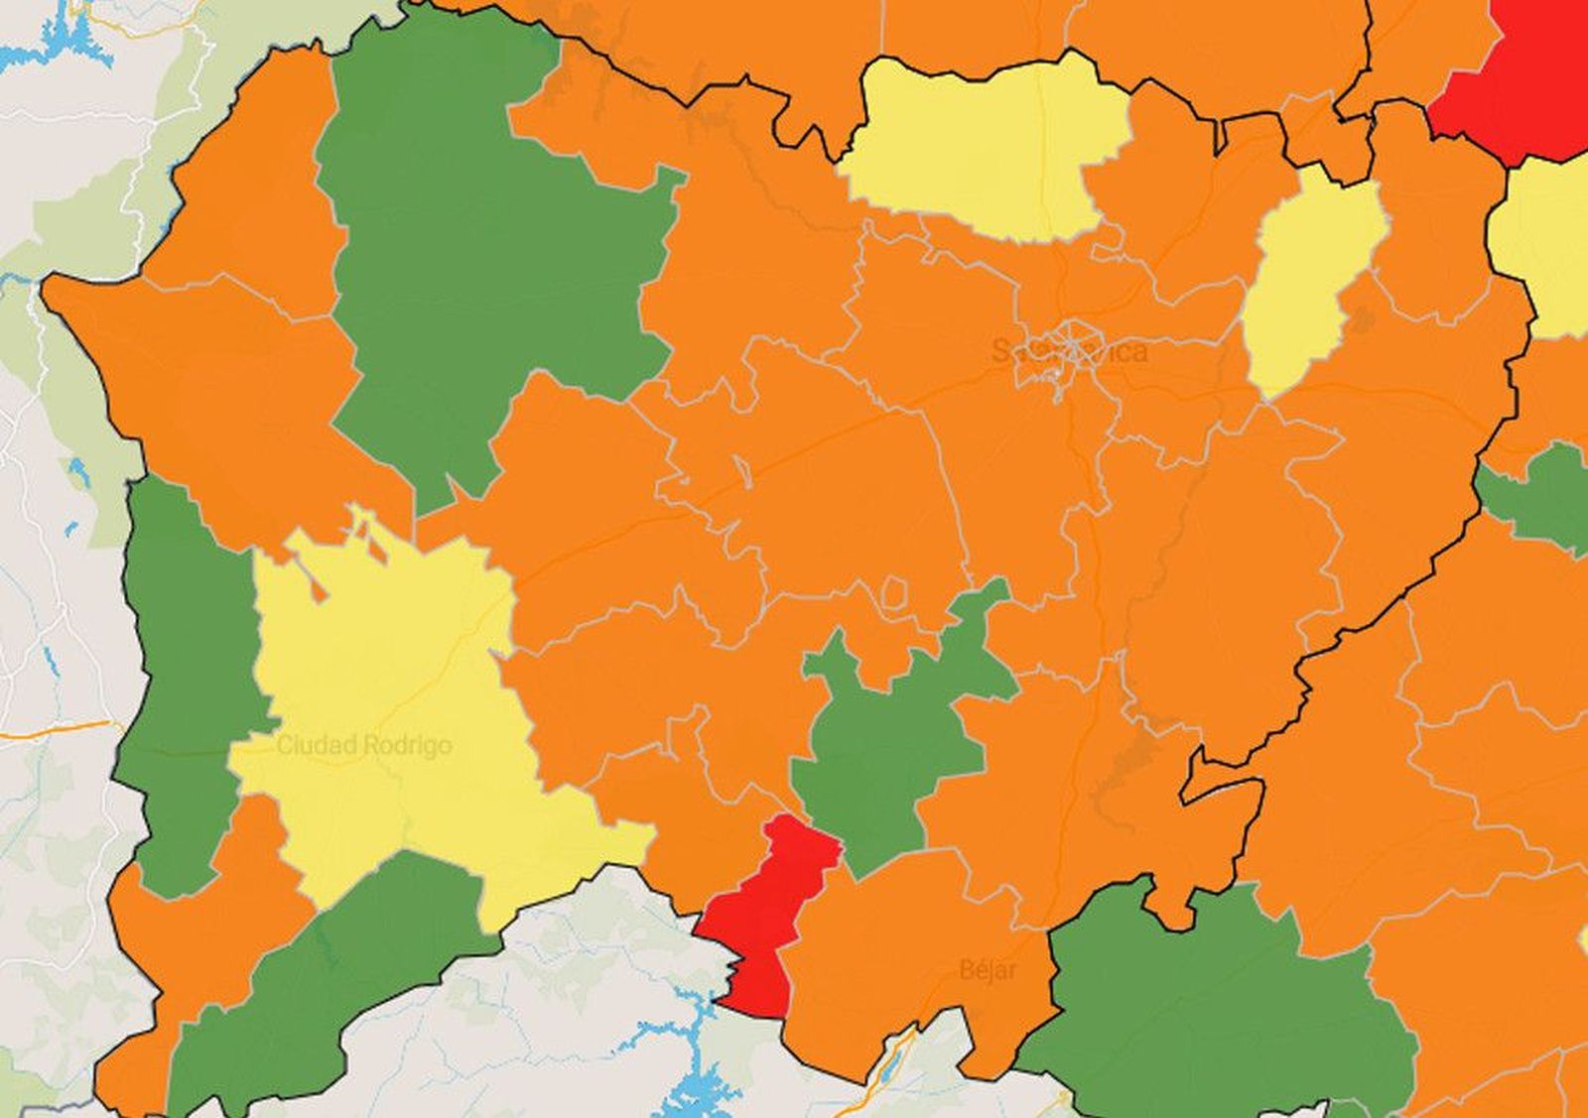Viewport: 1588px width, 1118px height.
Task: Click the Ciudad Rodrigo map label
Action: click(363, 745)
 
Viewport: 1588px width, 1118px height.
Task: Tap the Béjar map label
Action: click(988, 969)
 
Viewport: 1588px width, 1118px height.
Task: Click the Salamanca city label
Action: click(1070, 350)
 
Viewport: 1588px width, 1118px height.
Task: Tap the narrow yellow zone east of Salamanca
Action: click(1305, 288)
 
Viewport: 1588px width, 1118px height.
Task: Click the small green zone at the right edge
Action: click(1543, 496)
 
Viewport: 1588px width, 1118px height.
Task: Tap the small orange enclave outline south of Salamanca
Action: click(893, 592)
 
